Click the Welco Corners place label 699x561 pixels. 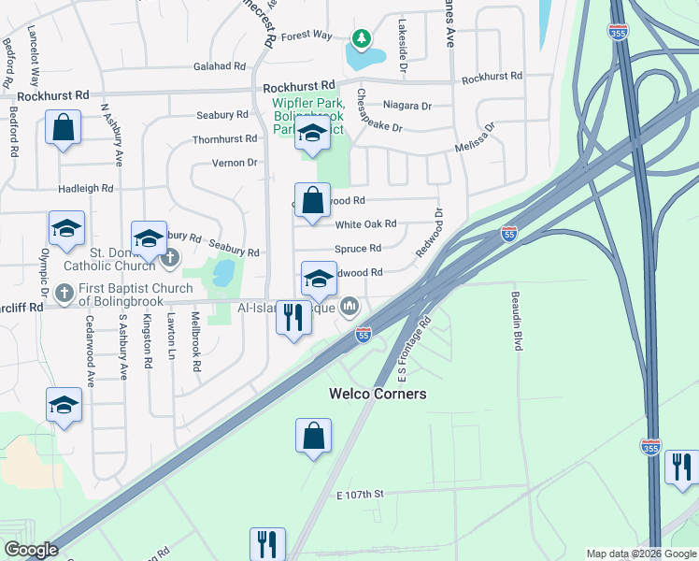378,394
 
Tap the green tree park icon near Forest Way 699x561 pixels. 361,38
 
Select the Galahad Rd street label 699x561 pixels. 220,66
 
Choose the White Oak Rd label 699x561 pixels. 366,224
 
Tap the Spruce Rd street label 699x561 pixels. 358,249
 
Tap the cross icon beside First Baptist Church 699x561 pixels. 64,294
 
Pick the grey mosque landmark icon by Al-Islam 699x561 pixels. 350,306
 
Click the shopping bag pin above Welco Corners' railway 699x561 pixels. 314,436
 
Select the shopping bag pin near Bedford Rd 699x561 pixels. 63,129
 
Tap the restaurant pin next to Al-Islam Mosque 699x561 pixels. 293,318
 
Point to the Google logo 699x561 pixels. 31,550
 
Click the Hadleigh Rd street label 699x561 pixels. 85,188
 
